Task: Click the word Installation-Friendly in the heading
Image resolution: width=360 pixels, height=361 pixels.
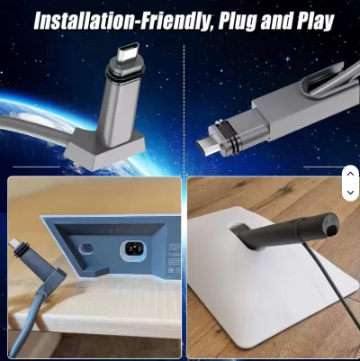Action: [x=121, y=21]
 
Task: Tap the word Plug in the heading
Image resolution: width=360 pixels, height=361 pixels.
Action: [x=237, y=22]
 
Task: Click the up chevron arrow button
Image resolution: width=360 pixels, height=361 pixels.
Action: [x=350, y=174]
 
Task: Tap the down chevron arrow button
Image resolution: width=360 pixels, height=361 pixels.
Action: [x=350, y=193]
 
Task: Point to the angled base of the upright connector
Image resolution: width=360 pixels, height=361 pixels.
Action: [x=105, y=149]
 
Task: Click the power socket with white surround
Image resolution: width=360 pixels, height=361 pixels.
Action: [x=132, y=248]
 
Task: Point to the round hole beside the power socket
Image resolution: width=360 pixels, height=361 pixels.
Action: [x=85, y=248]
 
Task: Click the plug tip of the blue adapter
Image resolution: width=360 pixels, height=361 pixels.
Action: [x=13, y=243]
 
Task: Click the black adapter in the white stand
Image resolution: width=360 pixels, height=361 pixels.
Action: [x=285, y=232]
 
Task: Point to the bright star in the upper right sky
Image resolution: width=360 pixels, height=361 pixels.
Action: [x=288, y=59]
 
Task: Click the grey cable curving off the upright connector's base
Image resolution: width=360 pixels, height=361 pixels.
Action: [x=34, y=128]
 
